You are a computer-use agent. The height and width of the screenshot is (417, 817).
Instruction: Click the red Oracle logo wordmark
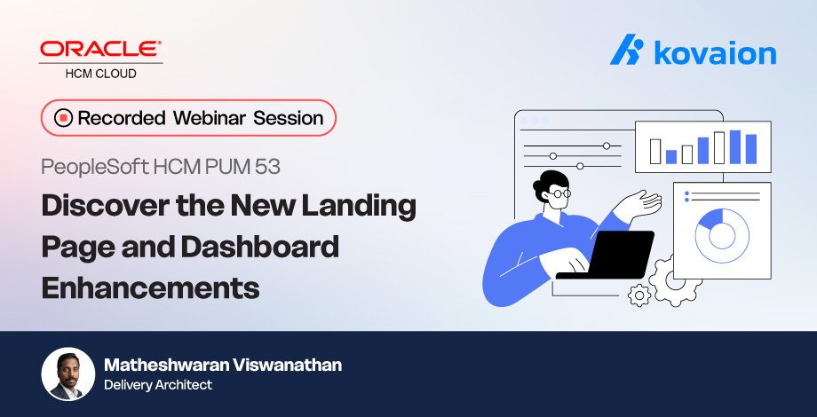[x=101, y=50]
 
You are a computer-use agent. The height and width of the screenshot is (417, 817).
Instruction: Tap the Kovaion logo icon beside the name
[x=627, y=51]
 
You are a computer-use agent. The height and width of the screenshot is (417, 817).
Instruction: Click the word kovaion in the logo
[x=715, y=53]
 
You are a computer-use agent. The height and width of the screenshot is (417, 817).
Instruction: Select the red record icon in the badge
[x=63, y=118]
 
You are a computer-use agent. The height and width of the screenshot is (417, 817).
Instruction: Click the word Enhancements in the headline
[x=150, y=287]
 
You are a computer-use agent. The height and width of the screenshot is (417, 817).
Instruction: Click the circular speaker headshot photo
[x=68, y=373]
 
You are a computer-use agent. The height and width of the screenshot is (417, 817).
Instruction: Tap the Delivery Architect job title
[x=158, y=385]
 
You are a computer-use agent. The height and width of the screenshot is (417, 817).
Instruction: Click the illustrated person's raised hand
[x=641, y=205]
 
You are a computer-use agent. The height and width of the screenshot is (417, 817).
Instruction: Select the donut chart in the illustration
[x=721, y=234]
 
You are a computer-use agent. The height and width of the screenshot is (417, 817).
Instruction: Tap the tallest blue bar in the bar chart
[x=735, y=147]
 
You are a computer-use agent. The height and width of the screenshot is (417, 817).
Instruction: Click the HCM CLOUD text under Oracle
[x=101, y=74]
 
